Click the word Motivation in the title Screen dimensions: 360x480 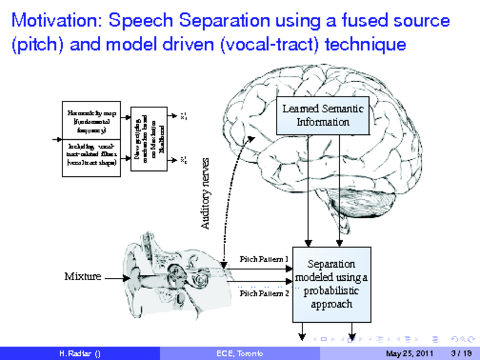[55, 21]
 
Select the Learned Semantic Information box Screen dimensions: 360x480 [321, 115]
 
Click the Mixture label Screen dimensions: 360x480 [82, 277]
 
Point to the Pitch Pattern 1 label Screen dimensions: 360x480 [265, 259]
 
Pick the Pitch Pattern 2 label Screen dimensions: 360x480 [265, 293]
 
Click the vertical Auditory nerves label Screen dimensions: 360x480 [206, 193]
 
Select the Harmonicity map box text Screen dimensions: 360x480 [92, 121]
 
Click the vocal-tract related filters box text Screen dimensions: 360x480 [92, 154]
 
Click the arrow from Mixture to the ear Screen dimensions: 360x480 [115, 278]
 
